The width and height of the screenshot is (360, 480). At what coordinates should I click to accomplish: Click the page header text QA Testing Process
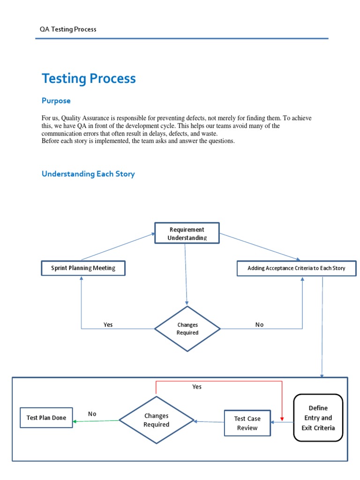click(68, 29)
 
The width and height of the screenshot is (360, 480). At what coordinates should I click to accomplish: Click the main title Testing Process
click(89, 78)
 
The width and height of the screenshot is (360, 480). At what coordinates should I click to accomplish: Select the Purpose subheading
click(56, 100)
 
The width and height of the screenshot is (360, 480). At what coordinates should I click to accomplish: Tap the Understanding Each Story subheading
click(88, 174)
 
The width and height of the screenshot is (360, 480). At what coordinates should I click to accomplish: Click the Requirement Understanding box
click(187, 233)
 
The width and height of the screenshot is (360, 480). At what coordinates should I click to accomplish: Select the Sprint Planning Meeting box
click(83, 268)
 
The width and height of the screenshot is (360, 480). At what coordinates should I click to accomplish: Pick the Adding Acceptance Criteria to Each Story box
click(296, 268)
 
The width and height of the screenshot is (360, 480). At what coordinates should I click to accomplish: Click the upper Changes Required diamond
click(187, 329)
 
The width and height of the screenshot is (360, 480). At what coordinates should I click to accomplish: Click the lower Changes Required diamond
click(156, 420)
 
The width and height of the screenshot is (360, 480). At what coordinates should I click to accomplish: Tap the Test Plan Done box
click(46, 418)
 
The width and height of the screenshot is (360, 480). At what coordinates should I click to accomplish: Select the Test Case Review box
click(247, 423)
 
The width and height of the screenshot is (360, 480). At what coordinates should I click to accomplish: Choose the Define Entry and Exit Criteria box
click(318, 418)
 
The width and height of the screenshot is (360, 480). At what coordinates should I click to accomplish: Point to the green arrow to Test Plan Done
click(96, 421)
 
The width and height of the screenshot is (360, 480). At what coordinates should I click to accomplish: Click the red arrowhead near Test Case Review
click(282, 418)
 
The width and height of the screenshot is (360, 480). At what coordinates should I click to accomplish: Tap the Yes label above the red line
click(197, 387)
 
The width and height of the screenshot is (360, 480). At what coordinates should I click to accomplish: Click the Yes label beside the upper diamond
click(108, 324)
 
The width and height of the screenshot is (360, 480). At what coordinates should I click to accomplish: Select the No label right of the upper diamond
click(259, 324)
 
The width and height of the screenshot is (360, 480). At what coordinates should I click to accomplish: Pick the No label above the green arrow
click(92, 414)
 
